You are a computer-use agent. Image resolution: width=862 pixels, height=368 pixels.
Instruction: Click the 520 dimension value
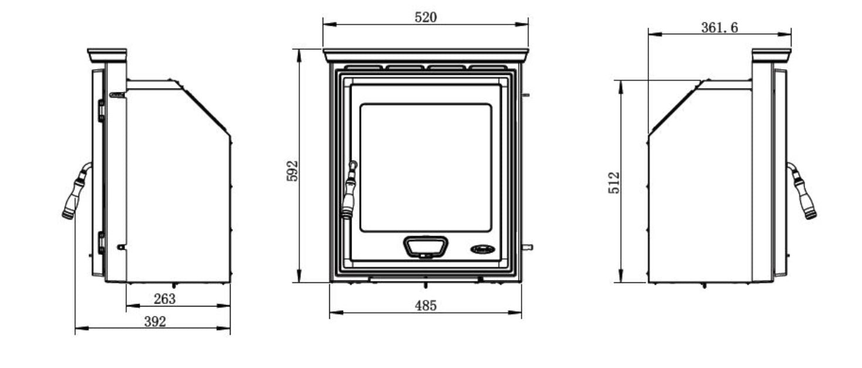click(425, 17)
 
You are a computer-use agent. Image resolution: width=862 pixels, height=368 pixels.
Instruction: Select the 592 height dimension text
click(293, 171)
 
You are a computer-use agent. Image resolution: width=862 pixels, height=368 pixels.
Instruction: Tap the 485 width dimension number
click(425, 306)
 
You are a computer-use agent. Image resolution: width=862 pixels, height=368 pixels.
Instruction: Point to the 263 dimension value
click(165, 299)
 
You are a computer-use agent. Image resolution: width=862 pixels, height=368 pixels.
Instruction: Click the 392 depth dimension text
click(155, 322)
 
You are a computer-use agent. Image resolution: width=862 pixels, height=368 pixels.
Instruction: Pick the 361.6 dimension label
click(719, 28)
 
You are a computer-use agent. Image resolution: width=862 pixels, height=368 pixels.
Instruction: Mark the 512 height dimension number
click(614, 183)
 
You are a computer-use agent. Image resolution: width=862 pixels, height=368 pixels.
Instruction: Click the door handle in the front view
click(349, 190)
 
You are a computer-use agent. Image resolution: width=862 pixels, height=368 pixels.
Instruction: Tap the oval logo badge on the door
click(482, 249)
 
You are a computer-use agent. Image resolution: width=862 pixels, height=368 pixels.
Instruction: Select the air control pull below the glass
click(425, 247)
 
